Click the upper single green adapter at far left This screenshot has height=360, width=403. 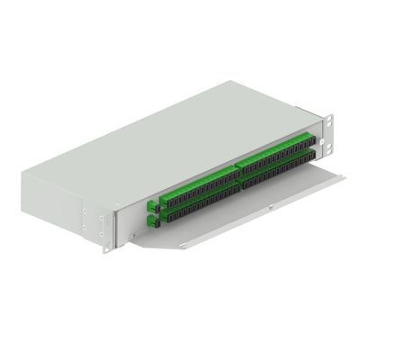pyautogui.click(x=150, y=202)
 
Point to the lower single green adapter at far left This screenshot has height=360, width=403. pyautogui.click(x=151, y=219)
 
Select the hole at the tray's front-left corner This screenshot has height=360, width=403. pyautogui.click(x=185, y=245)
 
